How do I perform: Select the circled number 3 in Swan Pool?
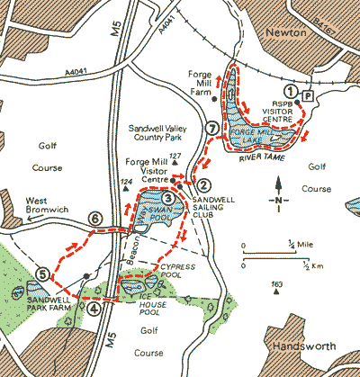[168, 199]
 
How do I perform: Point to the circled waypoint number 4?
[94, 306]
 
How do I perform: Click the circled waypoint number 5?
[41, 274]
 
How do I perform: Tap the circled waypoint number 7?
[211, 129]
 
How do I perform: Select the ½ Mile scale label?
[293, 243]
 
